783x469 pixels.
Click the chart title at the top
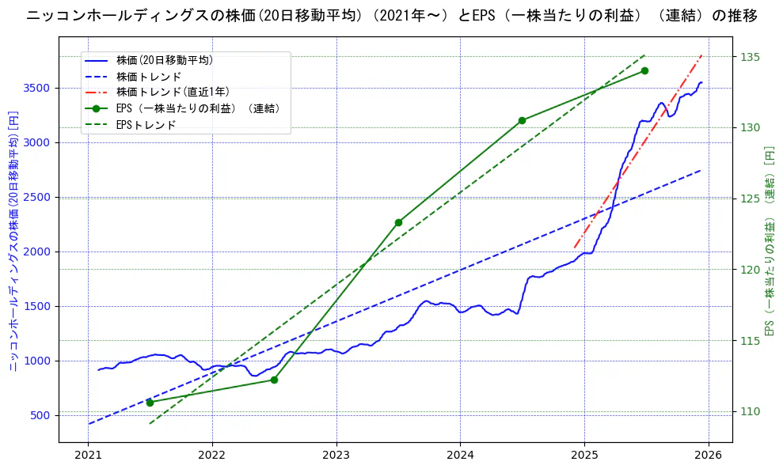pyautogui.click(x=391, y=16)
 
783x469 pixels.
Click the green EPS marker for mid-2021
pyautogui.click(x=150, y=403)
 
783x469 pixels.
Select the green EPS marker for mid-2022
pyautogui.click(x=274, y=380)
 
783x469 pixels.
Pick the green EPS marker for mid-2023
pyautogui.click(x=398, y=222)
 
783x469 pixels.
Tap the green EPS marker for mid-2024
pyautogui.click(x=522, y=120)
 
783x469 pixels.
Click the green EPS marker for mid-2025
pyautogui.click(x=644, y=70)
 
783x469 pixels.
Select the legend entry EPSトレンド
pyautogui.click(x=146, y=125)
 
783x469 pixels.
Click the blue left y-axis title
pyautogui.click(x=13, y=240)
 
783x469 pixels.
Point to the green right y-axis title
pyautogui.click(x=768, y=240)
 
